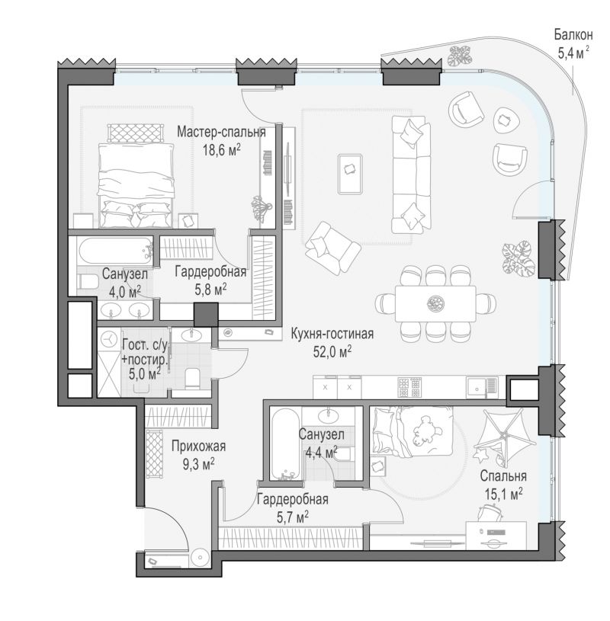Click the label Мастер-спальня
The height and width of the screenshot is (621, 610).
[221, 132]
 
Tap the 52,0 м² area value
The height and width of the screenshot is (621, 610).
[332, 351]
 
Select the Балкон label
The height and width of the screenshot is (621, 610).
[573, 35]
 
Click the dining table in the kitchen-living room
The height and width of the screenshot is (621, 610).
[435, 304]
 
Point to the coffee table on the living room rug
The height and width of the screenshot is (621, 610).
[351, 174]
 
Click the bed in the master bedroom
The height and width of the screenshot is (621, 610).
[136, 185]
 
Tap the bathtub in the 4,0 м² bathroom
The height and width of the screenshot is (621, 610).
[116, 251]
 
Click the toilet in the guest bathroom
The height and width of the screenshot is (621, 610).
[193, 378]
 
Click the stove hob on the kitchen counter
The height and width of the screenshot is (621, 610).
[409, 387]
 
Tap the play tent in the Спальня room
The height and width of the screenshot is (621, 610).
[504, 437]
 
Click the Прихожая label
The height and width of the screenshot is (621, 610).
[198, 447]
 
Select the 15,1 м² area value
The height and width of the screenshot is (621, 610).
[503, 495]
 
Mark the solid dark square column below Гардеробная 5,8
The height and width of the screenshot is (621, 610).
[206, 315]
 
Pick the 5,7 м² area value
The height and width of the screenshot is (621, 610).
[293, 517]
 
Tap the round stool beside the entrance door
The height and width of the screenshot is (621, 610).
[198, 557]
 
